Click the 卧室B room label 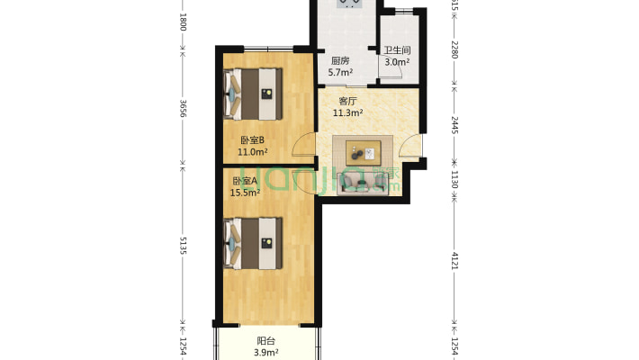click(251, 139)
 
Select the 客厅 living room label click(347, 101)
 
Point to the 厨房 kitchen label click(339, 61)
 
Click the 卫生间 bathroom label click(396, 51)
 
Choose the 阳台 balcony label click(265, 340)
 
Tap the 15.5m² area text click(246, 192)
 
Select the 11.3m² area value click(348, 113)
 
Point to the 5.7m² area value click(340, 73)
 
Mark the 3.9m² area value click(265, 352)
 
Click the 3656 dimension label click(183, 109)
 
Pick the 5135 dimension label click(183, 246)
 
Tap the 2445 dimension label click(454, 125)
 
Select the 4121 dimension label click(454, 262)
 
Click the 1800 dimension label click(183, 22)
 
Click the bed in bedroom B click(254, 93)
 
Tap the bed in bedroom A click(254, 242)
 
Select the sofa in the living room click(363, 183)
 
